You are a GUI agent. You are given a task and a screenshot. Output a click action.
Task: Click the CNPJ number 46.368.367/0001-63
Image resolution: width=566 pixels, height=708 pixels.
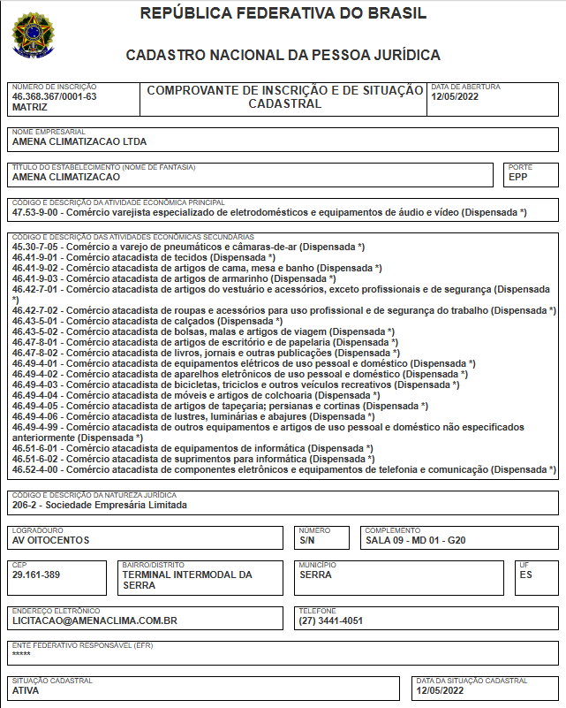pyautogui.click(x=55, y=96)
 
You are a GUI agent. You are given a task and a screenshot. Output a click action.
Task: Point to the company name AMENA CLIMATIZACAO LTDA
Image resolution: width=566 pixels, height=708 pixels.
pyautogui.click(x=79, y=141)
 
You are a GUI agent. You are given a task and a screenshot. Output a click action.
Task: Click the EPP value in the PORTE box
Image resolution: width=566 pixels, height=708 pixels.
pyautogui.click(x=517, y=177)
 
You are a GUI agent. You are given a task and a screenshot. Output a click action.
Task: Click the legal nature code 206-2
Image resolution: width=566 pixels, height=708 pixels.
pyautogui.click(x=26, y=506)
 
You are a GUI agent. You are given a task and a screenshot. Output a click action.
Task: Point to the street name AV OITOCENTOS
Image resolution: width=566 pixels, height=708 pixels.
pyautogui.click(x=51, y=539)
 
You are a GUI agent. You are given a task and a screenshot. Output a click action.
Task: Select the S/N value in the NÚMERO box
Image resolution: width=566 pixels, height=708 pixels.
pyautogui.click(x=307, y=539)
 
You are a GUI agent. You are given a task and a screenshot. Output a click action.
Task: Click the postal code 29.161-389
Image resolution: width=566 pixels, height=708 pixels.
pyautogui.click(x=36, y=575)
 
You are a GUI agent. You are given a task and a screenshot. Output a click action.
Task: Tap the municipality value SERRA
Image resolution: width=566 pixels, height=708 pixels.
pyautogui.click(x=317, y=575)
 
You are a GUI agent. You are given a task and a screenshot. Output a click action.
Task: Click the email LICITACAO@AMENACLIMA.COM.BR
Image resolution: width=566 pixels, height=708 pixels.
pyautogui.click(x=95, y=620)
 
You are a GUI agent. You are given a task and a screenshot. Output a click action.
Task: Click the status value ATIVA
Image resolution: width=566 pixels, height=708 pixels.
pyautogui.click(x=26, y=690)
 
